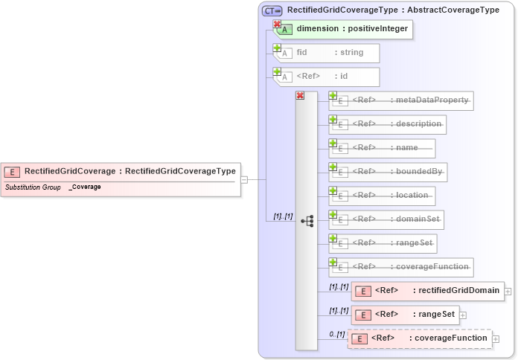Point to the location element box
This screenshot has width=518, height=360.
[384, 195]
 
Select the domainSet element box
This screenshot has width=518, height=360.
[388, 219]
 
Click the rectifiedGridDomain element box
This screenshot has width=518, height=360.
[427, 290]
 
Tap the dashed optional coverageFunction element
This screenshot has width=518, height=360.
[420, 338]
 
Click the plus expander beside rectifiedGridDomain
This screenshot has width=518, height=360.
[508, 291]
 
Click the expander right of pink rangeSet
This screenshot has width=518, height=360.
[463, 315]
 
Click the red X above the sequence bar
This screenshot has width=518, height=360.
[300, 95]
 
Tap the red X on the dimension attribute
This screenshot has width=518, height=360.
[278, 25]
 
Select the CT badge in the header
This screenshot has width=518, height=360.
[271, 10]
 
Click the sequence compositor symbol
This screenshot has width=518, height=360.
[307, 221]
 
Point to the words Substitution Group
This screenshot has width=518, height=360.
[33, 187]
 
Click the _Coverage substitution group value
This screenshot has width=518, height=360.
[85, 187]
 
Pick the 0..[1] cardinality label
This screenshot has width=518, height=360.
[336, 334]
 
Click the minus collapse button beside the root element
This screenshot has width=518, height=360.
[244, 179]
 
